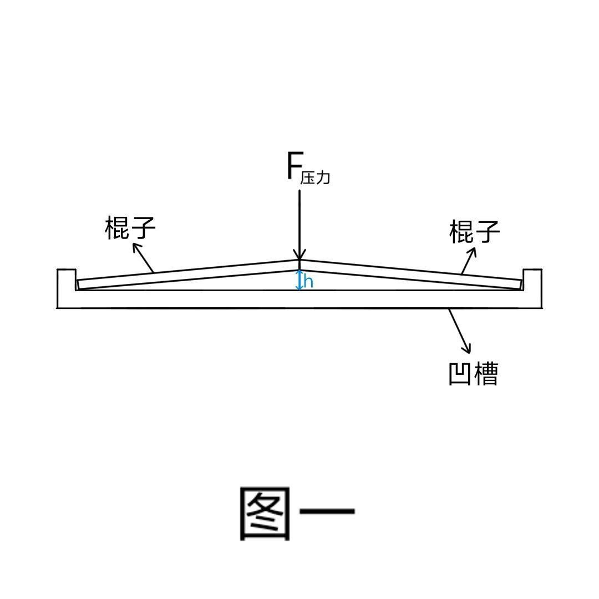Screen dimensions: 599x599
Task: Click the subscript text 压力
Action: tap(315, 177)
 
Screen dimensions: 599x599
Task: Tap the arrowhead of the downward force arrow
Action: tap(300, 255)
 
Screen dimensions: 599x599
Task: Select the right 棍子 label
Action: tap(474, 231)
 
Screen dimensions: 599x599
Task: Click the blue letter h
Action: tap(309, 282)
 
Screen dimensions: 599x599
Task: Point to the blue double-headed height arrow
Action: tap(299, 280)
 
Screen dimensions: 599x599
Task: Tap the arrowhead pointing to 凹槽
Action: tap(467, 348)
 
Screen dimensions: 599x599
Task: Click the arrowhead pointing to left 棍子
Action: tap(136, 247)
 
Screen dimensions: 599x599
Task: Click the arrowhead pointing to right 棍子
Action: tap(473, 252)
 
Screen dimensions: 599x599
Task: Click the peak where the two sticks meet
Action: tap(299, 260)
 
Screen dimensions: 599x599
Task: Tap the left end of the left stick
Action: tap(78, 285)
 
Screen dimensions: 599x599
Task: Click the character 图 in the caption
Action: tap(265, 514)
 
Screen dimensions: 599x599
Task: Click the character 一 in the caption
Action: tap(327, 511)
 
